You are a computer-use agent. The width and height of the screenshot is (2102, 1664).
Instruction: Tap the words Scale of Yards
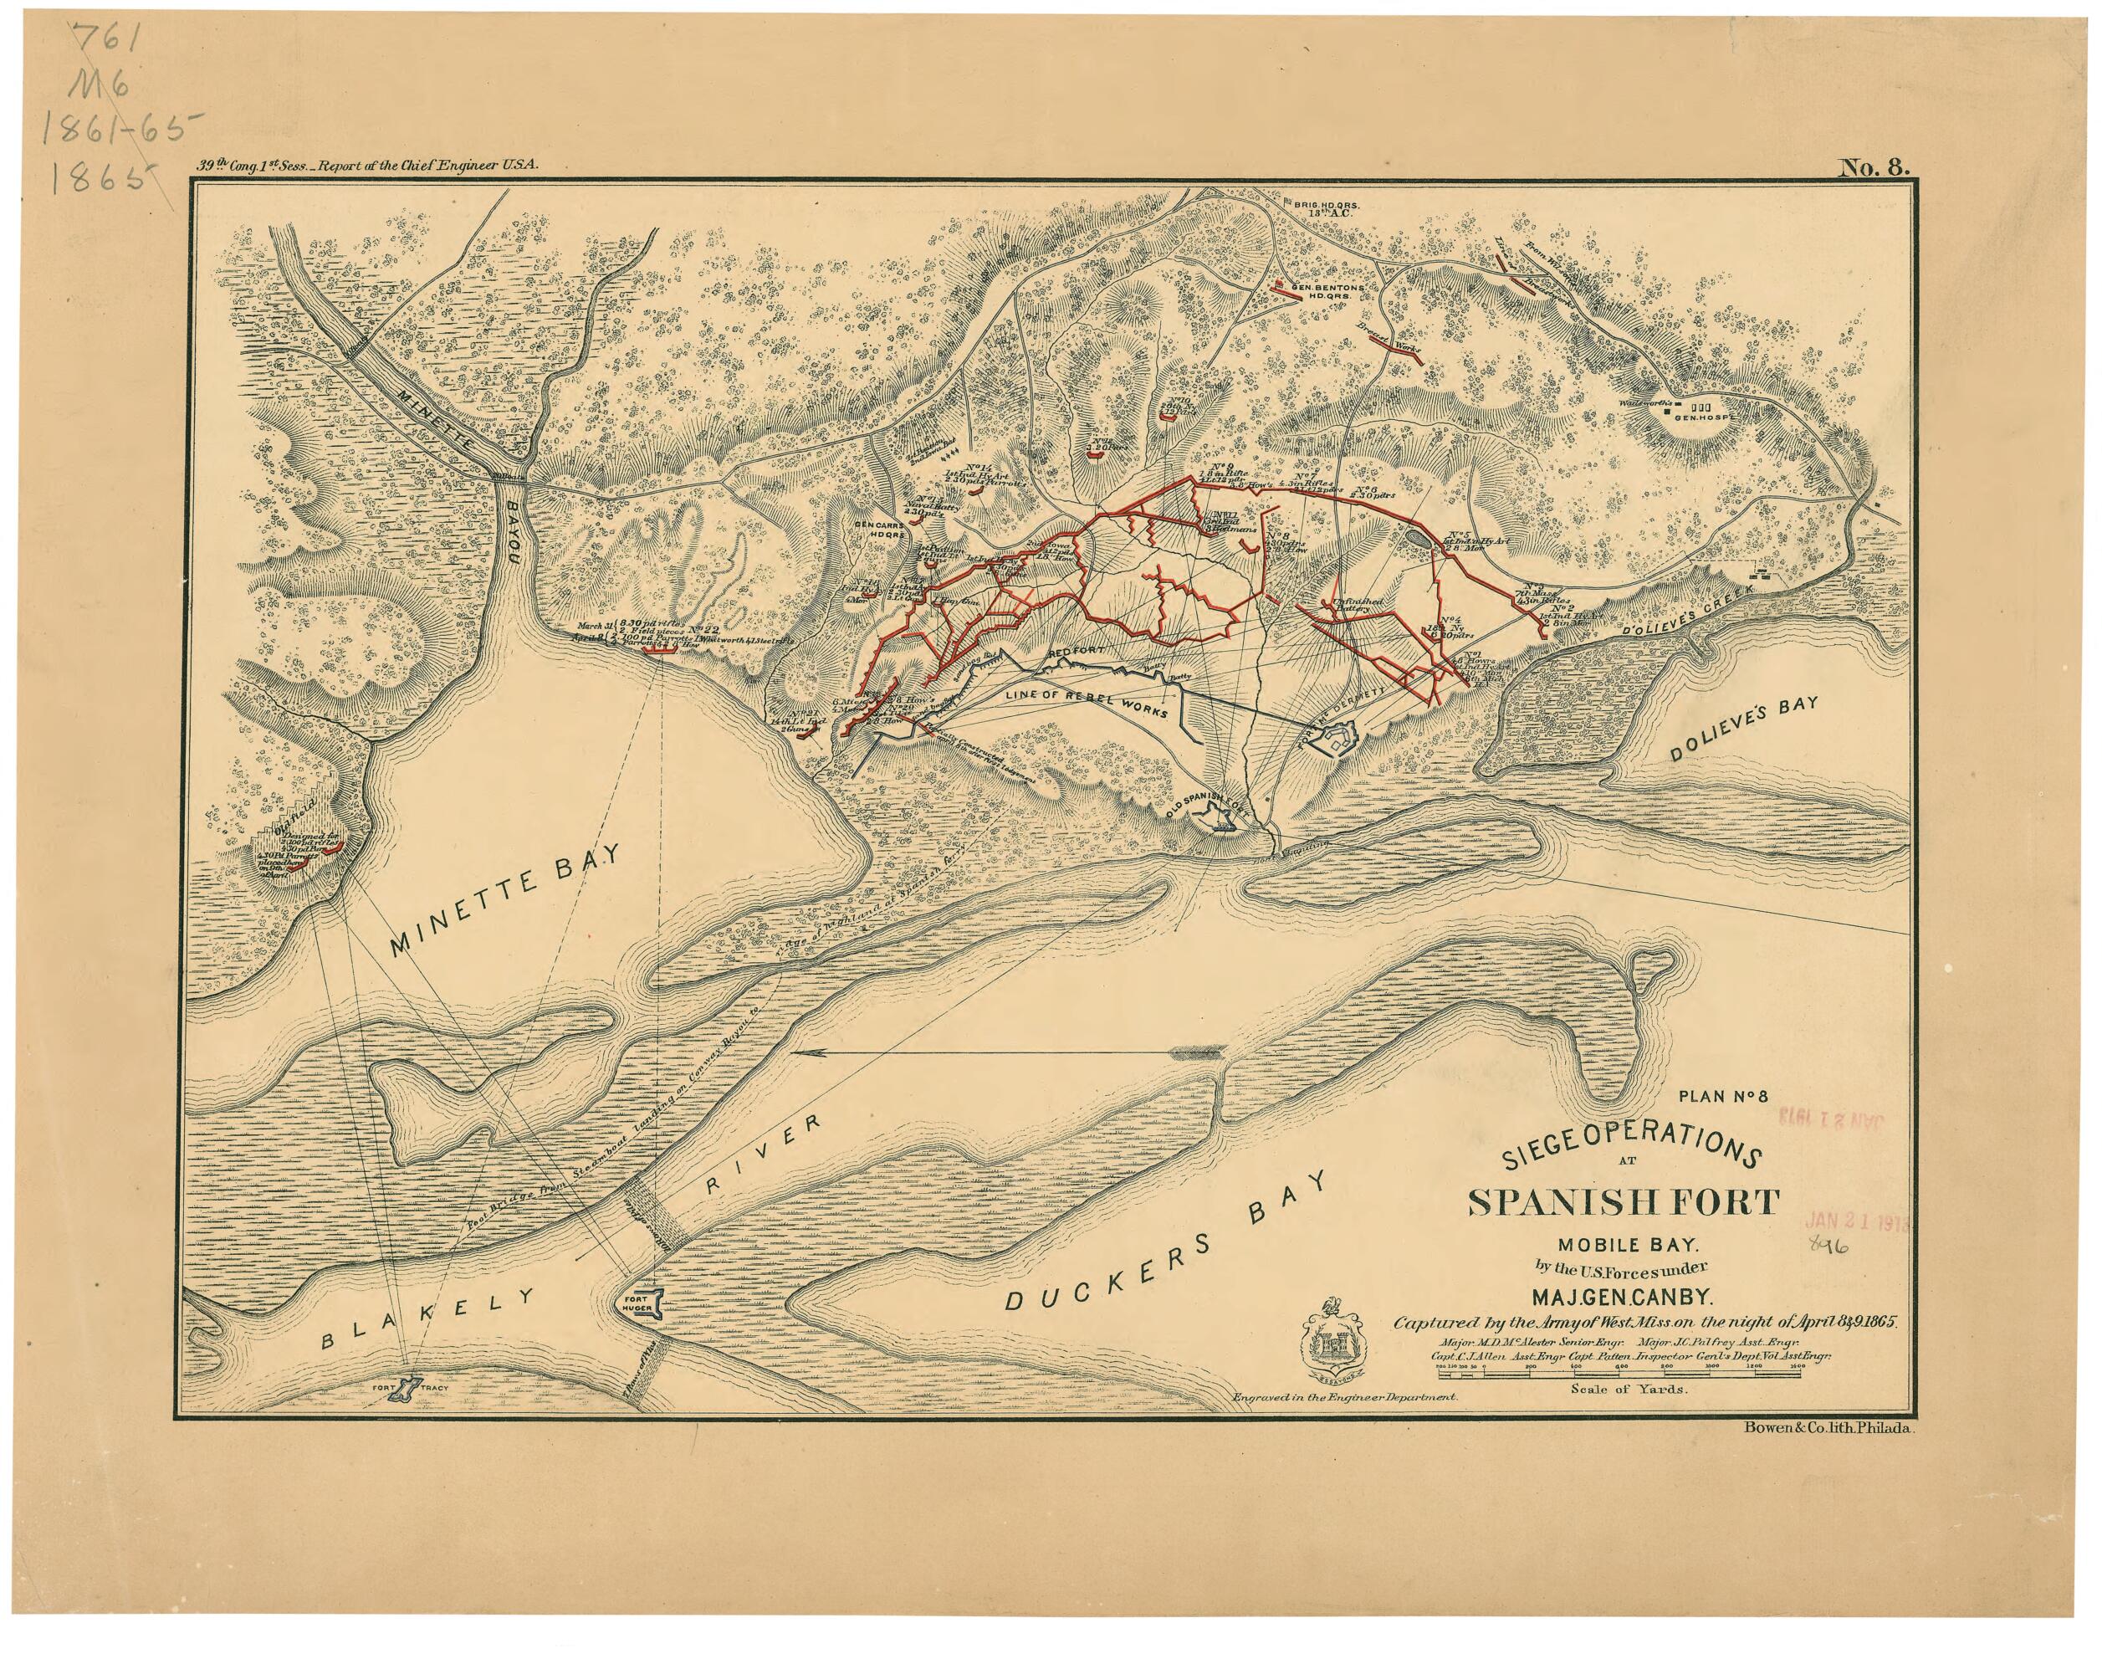[1629, 1390]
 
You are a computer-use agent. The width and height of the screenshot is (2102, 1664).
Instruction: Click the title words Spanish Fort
[1623, 1202]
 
